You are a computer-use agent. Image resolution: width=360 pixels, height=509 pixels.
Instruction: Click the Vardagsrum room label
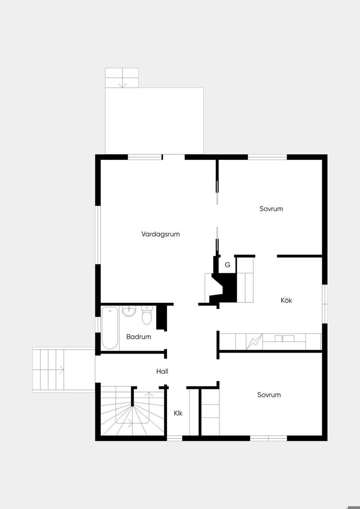click(x=160, y=234)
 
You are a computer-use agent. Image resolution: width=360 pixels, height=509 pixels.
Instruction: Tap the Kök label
click(x=286, y=301)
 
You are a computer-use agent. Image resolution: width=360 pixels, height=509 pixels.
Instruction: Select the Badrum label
click(x=139, y=337)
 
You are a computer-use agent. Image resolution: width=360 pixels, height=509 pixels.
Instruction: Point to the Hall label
click(x=162, y=372)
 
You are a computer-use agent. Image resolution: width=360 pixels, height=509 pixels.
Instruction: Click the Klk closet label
click(x=178, y=413)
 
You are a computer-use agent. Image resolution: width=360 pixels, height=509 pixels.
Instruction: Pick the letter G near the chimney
click(x=227, y=265)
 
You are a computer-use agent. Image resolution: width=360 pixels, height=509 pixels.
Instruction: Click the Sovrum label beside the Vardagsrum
click(x=271, y=209)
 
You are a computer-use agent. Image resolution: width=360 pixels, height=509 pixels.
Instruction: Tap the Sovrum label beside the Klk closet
click(x=269, y=395)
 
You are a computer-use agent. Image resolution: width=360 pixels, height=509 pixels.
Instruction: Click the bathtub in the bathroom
click(x=110, y=328)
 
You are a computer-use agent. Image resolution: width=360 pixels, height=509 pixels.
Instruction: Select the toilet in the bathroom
click(x=147, y=315)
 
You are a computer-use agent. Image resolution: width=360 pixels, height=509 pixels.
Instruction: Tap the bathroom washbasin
click(x=129, y=311)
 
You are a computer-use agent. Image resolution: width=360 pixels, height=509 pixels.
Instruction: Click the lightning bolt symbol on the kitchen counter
click(x=254, y=342)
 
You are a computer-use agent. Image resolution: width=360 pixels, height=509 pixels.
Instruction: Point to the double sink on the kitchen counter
click(x=284, y=339)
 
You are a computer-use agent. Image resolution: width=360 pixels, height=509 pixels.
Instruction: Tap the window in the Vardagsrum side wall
click(x=98, y=235)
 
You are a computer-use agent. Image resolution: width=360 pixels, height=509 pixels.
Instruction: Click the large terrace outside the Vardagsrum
click(x=154, y=121)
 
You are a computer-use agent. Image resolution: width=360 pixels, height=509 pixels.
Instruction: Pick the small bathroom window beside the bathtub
click(x=98, y=325)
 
